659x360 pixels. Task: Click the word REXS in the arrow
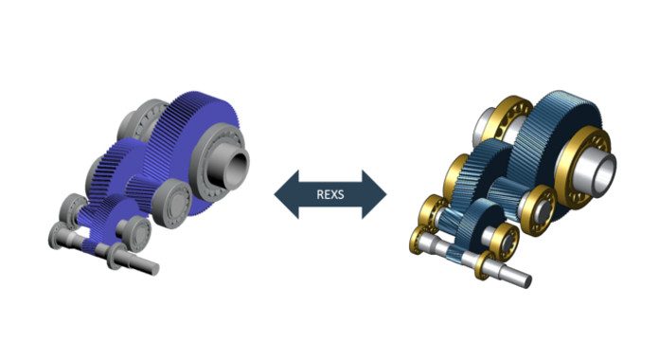(x=329, y=194)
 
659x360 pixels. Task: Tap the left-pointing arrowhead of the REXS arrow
(x=286, y=194)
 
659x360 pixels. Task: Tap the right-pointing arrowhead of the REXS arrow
(x=374, y=194)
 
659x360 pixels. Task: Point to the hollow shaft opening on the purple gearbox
(x=238, y=166)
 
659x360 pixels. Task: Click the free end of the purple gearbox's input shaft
(x=154, y=269)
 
